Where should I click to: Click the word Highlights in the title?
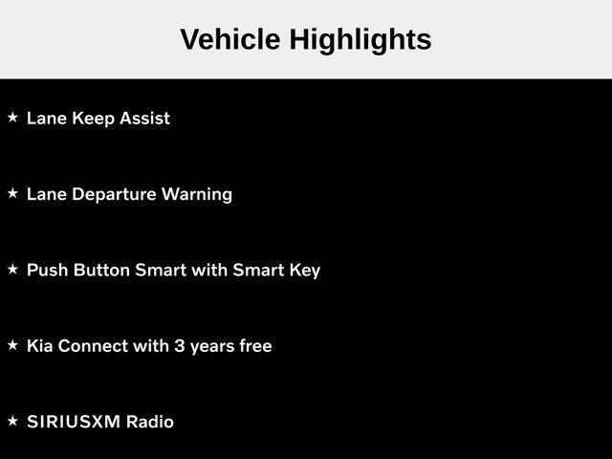click(x=360, y=40)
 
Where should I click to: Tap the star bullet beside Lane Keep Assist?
click(x=12, y=118)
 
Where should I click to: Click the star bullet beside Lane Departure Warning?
click(x=12, y=193)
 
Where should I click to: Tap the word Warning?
click(x=197, y=194)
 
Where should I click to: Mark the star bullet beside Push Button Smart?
click(x=12, y=270)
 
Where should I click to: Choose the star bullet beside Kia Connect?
click(x=12, y=345)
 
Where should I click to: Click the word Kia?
click(x=40, y=345)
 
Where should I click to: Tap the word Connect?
click(x=93, y=345)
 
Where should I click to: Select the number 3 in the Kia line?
click(x=179, y=345)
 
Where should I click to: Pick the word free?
click(x=253, y=345)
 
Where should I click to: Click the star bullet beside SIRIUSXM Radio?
click(x=12, y=421)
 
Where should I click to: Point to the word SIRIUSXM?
click(x=74, y=422)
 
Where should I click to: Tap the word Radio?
click(x=150, y=422)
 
